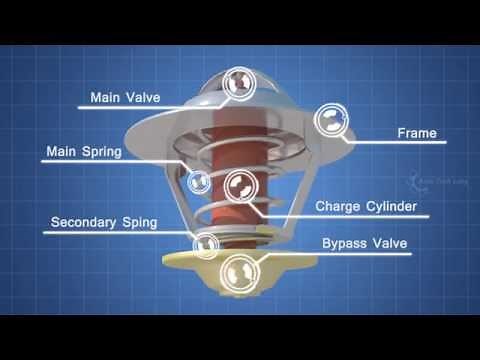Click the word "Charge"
tap(339, 207)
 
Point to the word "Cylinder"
tap(392, 207)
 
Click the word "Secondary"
tap(87, 221)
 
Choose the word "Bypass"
tap(344, 243)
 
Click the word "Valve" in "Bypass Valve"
tap(396, 243)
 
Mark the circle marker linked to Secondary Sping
tap(207, 243)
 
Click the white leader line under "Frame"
tap(400, 144)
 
